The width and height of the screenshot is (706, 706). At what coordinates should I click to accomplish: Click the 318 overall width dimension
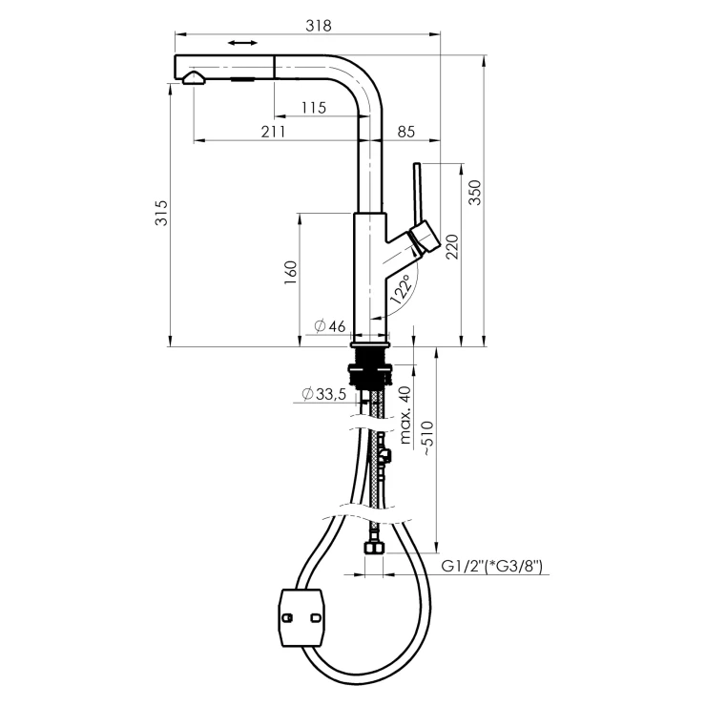319,25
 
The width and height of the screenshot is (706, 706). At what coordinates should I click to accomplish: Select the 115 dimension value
313,108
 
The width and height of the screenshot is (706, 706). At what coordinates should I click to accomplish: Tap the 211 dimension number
273,132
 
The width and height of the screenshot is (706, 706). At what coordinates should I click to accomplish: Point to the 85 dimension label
406,132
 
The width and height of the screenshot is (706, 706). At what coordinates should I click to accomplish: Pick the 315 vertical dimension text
160,213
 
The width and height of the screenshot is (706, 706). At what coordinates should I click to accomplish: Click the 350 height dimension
474,193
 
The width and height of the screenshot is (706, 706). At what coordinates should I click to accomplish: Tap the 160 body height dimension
290,272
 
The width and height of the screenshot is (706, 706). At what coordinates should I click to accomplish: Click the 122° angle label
401,290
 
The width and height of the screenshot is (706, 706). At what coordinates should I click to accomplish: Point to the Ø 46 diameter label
330,325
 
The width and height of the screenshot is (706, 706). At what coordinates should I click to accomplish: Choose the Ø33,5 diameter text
324,394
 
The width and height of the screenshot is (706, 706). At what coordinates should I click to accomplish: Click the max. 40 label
405,415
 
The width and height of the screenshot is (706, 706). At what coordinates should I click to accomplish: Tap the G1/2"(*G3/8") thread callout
491,566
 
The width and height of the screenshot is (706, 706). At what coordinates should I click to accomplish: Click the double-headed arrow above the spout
242,43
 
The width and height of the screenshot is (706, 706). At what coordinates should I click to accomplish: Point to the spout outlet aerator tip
194,78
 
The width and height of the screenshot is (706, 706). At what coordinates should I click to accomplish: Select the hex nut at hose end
374,547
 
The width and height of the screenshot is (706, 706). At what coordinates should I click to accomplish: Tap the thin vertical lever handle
418,193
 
